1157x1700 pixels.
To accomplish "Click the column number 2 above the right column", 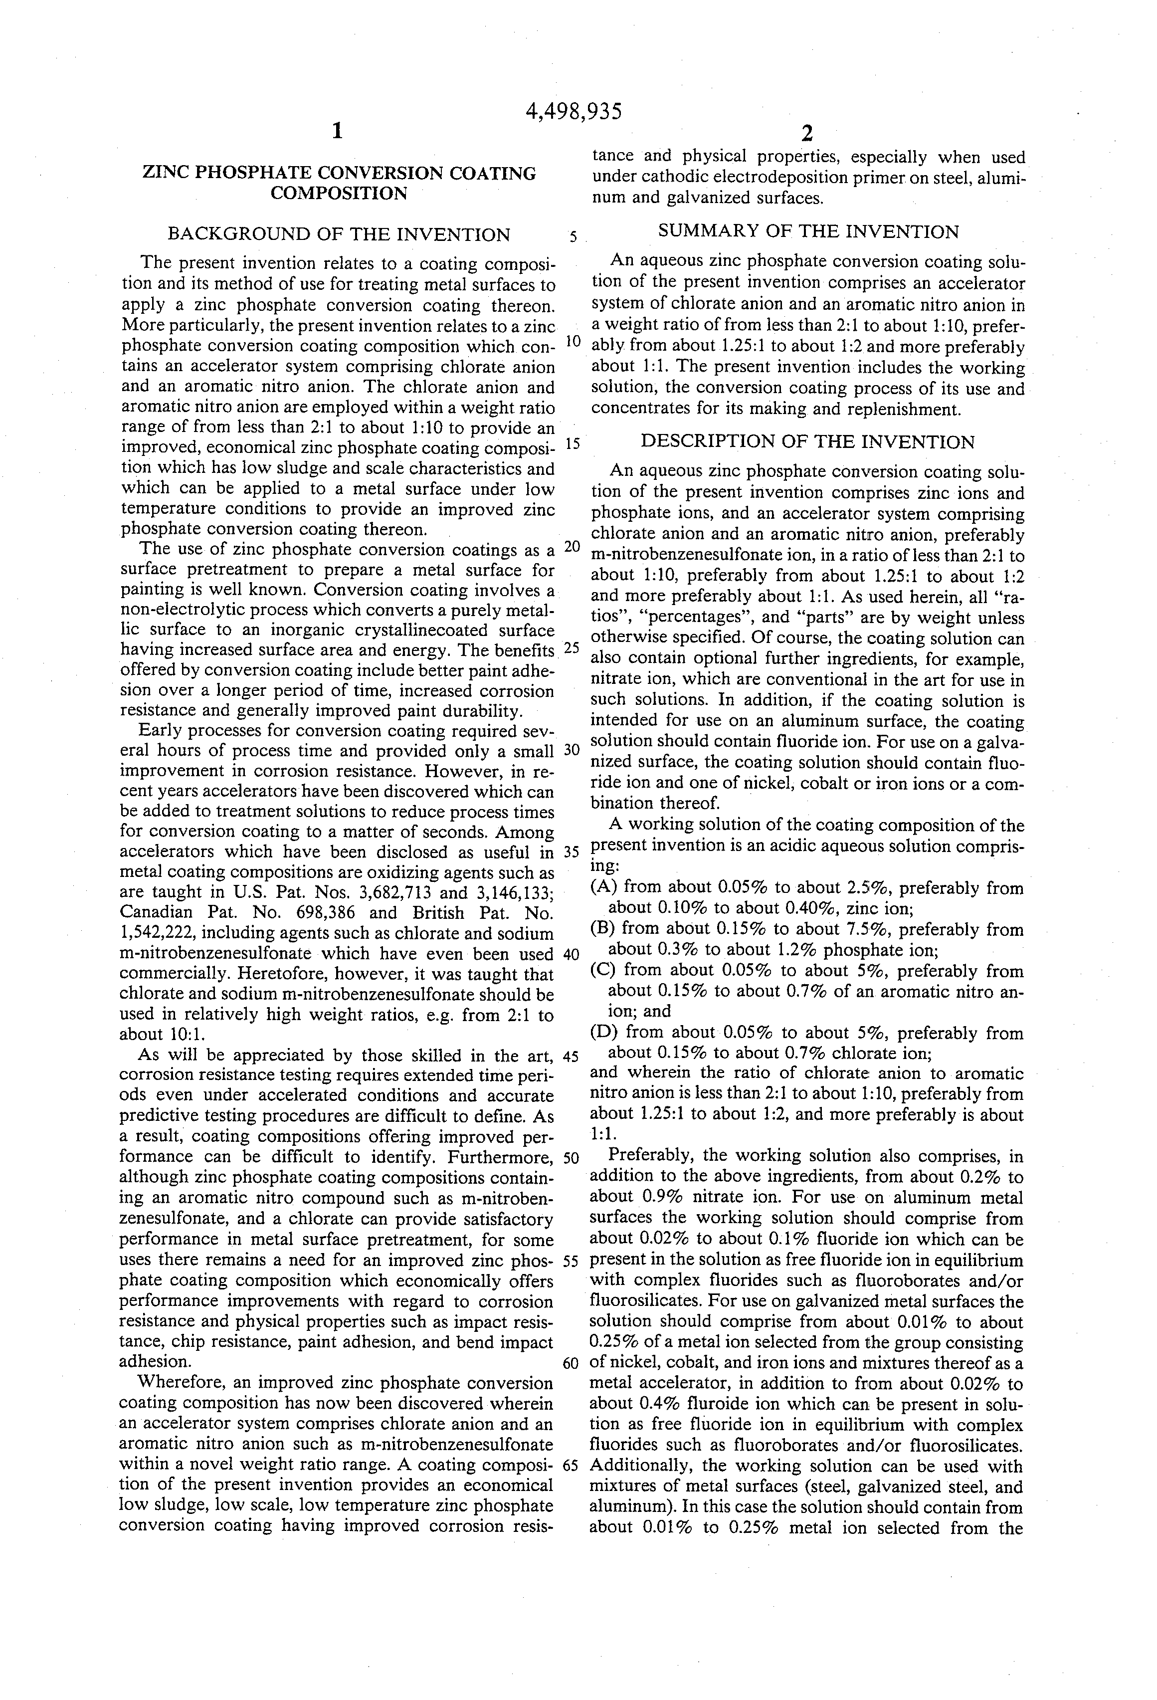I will tap(806, 134).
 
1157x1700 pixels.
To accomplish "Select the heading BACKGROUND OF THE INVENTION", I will tap(339, 235).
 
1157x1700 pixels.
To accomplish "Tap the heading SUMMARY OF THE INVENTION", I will tap(808, 232).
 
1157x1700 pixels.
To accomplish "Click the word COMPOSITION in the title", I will tap(339, 194).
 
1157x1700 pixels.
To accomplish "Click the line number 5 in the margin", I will tap(574, 236).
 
